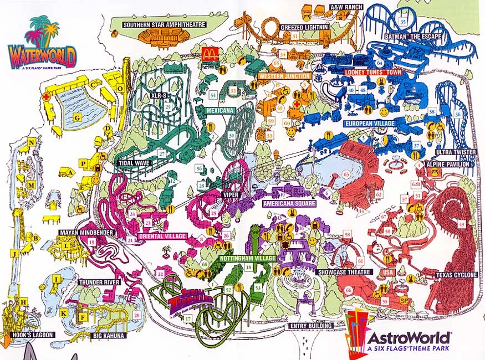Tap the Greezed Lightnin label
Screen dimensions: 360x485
305,27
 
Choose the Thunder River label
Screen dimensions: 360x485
99,282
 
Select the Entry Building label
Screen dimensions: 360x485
310,326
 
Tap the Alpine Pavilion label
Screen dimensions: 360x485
448,164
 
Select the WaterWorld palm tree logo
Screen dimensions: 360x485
43,33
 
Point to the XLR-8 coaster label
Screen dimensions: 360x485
159,95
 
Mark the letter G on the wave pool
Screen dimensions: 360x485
77,117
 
